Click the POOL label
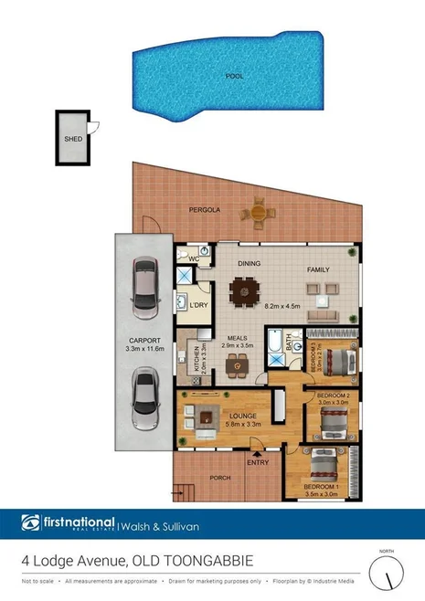[235, 77]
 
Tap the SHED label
[72, 140]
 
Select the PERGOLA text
[205, 210]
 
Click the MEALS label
[239, 338]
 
